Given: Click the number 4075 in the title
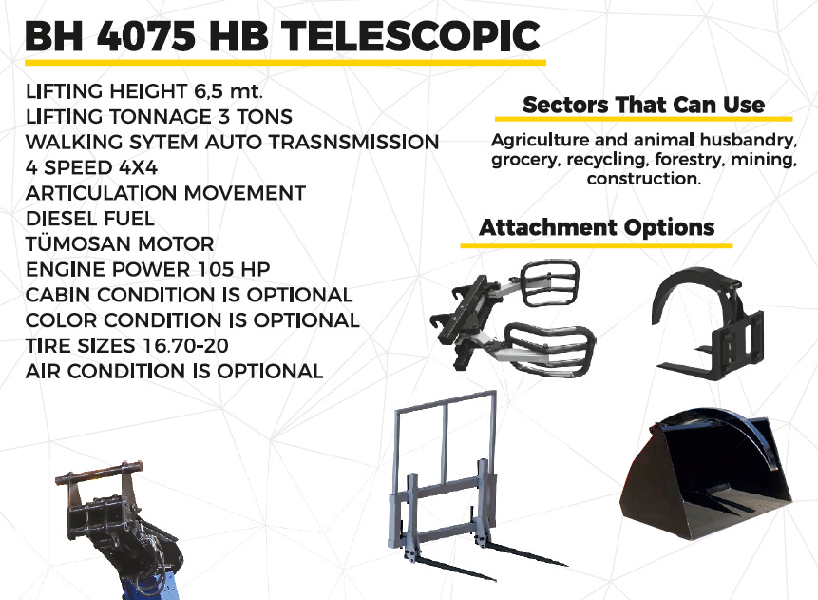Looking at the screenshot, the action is tap(146, 35).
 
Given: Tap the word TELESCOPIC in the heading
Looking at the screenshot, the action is tap(411, 35).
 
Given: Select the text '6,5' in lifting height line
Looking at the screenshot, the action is tap(209, 92).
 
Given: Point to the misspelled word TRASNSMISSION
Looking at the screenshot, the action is tap(353, 142).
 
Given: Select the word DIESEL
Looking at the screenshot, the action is tap(62, 219).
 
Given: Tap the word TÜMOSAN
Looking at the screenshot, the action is tap(78, 242).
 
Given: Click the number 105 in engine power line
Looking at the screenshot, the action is tap(216, 269).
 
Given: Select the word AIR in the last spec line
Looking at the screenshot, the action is tap(43, 371).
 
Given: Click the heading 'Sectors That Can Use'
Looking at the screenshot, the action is tap(644, 105).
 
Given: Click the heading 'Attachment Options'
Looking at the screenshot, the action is tap(597, 227).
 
